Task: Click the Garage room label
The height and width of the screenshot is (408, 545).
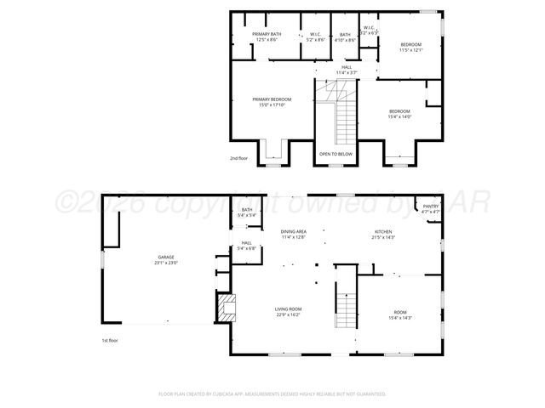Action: tap(165, 260)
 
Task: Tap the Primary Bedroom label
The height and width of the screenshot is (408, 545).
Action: tap(272, 102)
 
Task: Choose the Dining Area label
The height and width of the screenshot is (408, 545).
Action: tap(294, 235)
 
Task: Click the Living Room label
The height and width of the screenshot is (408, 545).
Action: tap(288, 312)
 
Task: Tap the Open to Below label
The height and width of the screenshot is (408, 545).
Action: tap(336, 154)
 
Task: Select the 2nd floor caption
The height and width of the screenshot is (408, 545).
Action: tap(240, 158)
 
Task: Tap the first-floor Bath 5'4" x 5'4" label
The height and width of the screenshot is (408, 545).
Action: tap(247, 212)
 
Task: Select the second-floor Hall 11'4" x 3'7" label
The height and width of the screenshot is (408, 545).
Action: tap(347, 70)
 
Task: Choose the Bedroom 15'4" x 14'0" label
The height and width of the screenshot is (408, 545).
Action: tap(399, 114)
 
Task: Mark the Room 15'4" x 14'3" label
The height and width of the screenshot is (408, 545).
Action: tap(400, 315)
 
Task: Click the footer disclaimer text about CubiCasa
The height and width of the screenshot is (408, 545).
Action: tap(272, 394)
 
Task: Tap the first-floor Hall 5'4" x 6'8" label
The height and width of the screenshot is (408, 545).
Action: tap(246, 246)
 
